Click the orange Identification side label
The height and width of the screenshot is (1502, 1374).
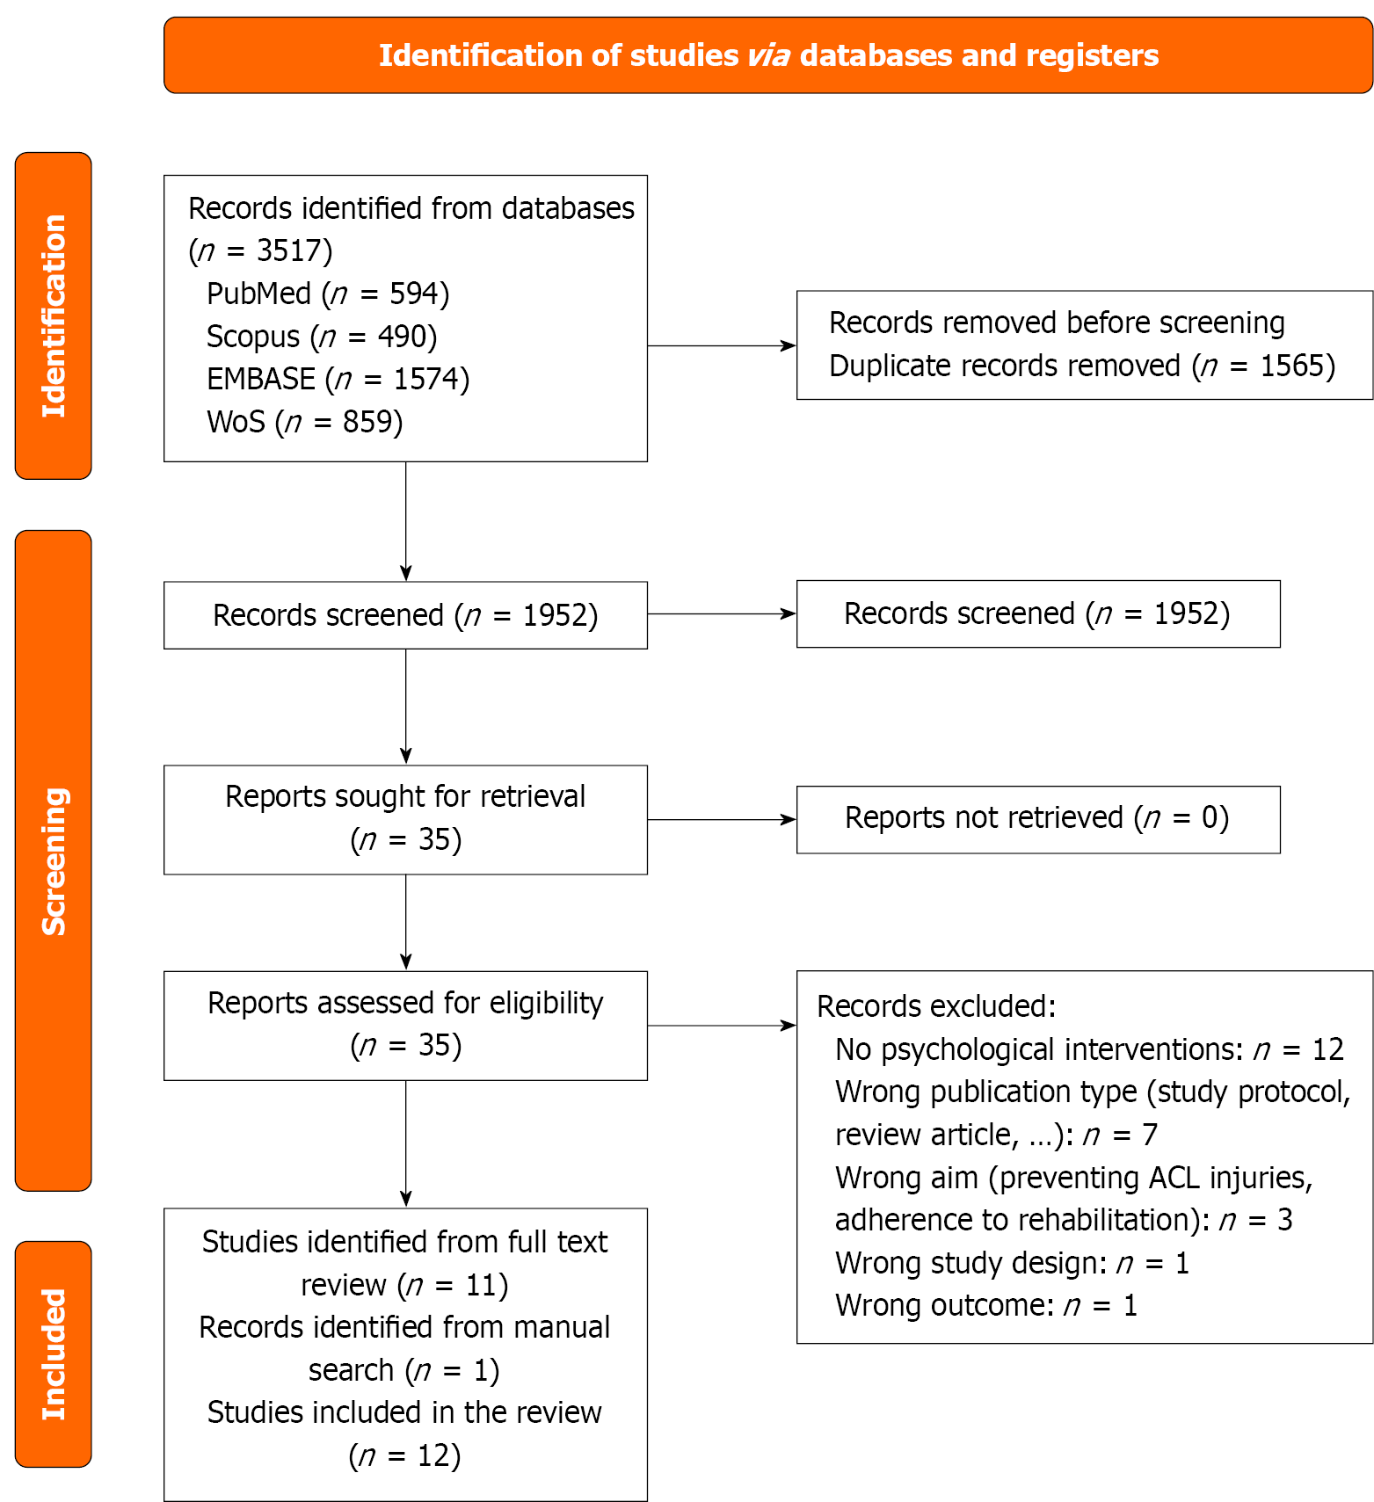pos(54,316)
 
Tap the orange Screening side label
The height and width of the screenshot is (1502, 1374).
pos(54,860)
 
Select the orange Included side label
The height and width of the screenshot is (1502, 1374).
pos(54,1353)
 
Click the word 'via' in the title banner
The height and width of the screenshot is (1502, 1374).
pos(768,55)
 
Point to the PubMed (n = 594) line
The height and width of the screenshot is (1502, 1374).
pos(328,294)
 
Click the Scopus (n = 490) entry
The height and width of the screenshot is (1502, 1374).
pos(322,337)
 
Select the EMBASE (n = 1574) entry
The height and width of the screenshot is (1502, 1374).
pos(338,379)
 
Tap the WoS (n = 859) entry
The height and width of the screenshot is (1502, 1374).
pos(305,422)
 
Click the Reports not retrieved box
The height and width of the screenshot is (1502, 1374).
pos(1037,819)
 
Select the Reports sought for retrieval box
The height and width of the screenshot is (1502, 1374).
pos(405,819)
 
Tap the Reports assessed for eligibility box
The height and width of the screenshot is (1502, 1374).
pos(405,1025)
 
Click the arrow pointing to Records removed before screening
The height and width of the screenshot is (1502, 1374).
pos(721,345)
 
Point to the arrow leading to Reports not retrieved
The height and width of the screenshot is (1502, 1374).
pos(721,819)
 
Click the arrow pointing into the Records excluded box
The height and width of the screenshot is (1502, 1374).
pos(721,1025)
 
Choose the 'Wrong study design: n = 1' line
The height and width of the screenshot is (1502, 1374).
pos(1012,1263)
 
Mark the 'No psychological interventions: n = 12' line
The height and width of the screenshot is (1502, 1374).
pos(1089,1049)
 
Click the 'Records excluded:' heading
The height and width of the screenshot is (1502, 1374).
pos(936,1006)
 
